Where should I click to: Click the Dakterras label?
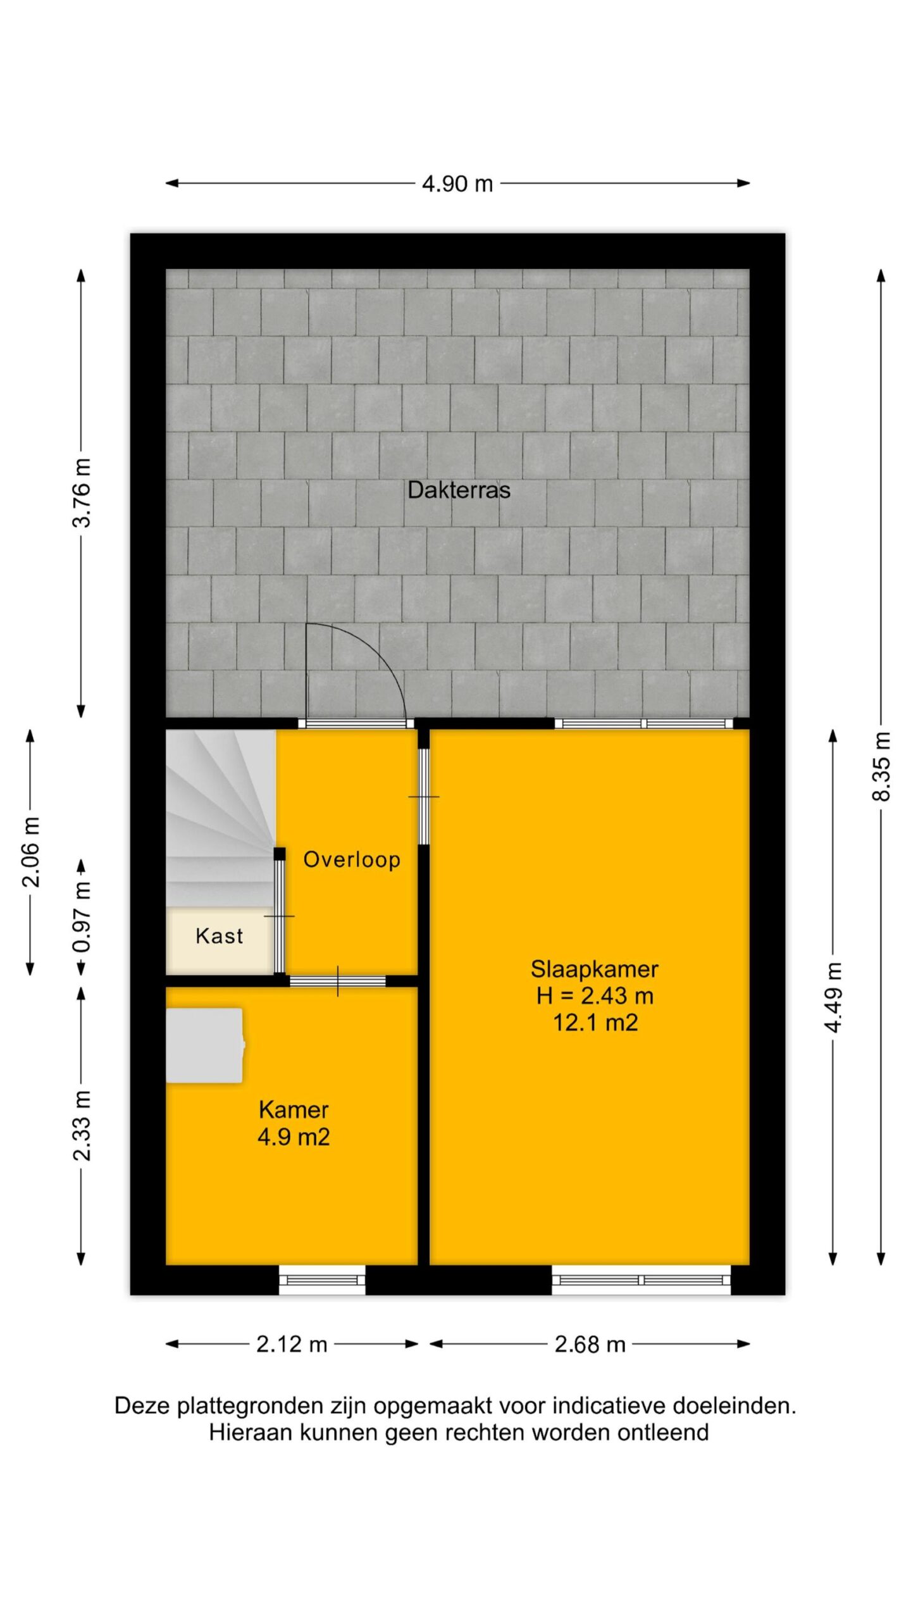coord(459,490)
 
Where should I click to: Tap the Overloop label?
coord(352,859)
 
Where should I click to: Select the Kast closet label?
coord(219,936)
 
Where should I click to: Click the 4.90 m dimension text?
coord(457,184)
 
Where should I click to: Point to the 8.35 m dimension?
coord(881,766)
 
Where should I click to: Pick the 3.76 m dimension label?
coord(82,493)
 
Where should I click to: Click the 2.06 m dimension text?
coord(31,852)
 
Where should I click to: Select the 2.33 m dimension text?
coord(82,1126)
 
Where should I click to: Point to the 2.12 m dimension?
coord(292,1344)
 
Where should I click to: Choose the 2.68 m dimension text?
coord(590,1344)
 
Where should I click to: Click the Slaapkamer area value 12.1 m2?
coord(595,1023)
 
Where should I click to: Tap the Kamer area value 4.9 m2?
coord(294,1137)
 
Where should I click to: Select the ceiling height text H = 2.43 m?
coord(595,996)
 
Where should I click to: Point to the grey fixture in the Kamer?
coord(205,1045)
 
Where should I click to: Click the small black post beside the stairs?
coord(279,854)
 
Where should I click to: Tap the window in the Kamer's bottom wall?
coord(323,1279)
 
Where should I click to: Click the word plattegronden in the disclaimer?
coord(252,1406)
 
